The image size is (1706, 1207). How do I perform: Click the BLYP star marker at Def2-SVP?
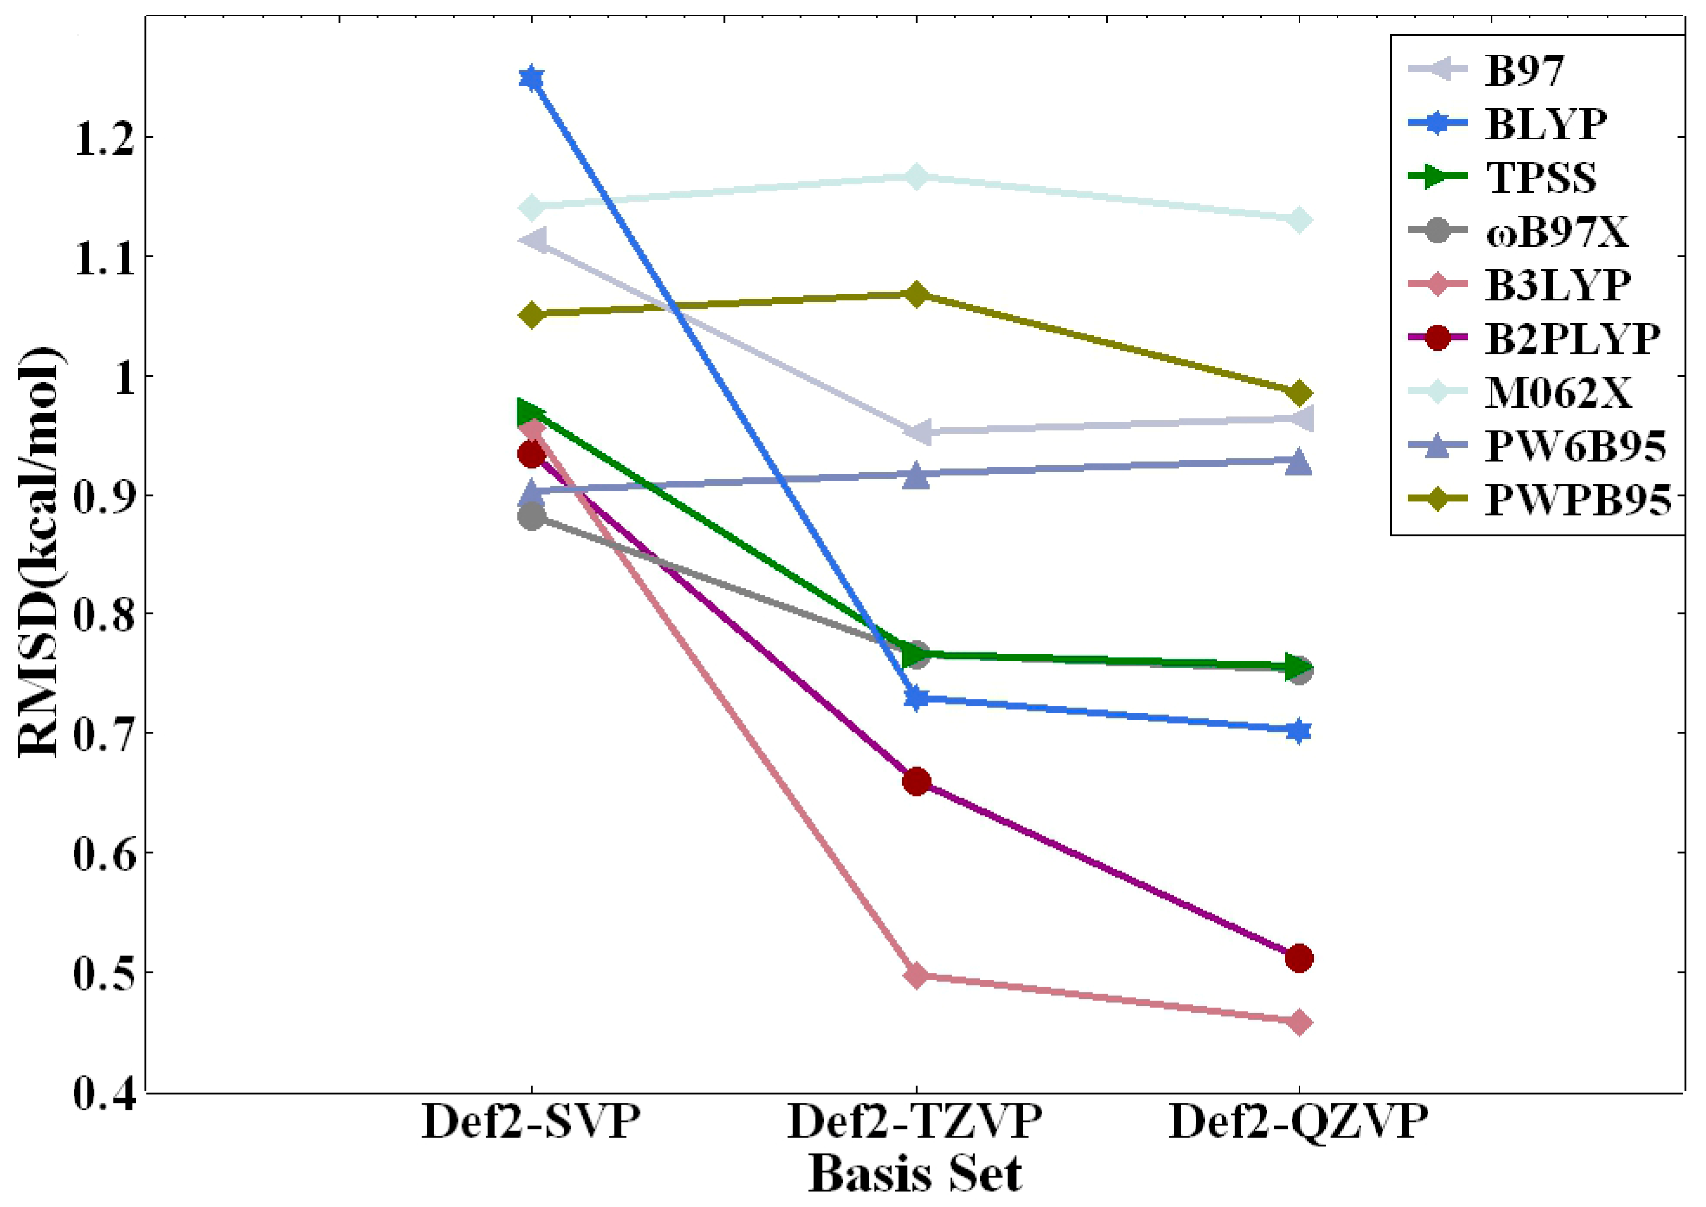click(x=531, y=77)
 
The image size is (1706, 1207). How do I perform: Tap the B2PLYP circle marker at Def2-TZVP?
click(x=916, y=781)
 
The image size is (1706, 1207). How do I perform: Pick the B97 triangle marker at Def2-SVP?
click(x=534, y=241)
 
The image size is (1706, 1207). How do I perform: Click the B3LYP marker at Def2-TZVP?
click(x=916, y=975)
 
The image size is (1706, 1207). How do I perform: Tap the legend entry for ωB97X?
click(x=1556, y=232)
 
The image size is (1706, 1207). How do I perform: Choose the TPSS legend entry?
click(x=1541, y=177)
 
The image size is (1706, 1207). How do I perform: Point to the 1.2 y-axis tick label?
click(x=104, y=139)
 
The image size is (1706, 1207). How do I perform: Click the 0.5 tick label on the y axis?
click(x=104, y=973)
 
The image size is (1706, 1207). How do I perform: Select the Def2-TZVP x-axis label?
click(x=914, y=1121)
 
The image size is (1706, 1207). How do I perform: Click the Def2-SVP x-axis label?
click(x=530, y=1121)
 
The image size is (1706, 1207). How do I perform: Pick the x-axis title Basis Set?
click(x=914, y=1174)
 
